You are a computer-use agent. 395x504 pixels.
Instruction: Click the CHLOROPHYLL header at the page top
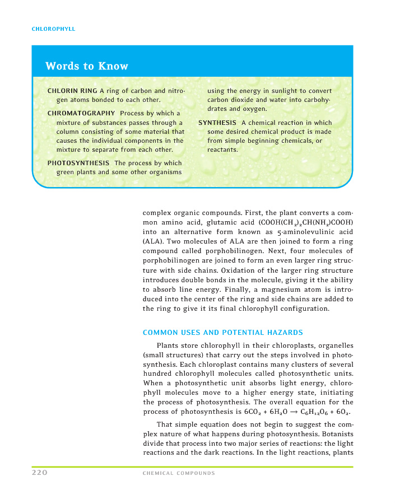pyautogui.click(x=53, y=29)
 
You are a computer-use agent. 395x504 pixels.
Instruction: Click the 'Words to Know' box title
pyautogui.click(x=87, y=66)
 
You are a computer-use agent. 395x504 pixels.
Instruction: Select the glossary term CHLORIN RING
pyautogui.click(x=72, y=91)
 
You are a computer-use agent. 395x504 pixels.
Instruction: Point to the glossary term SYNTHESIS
pyautogui.click(x=217, y=123)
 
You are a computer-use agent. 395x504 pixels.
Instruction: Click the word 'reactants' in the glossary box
pyautogui.click(x=222, y=150)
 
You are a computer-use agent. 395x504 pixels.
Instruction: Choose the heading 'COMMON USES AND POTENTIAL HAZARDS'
pyautogui.click(x=223, y=333)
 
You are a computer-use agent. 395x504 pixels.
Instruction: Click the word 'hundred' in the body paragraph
pyautogui.click(x=158, y=373)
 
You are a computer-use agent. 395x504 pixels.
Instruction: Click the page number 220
pyautogui.click(x=39, y=473)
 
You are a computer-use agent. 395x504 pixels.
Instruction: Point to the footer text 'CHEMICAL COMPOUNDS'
pyautogui.click(x=179, y=473)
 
